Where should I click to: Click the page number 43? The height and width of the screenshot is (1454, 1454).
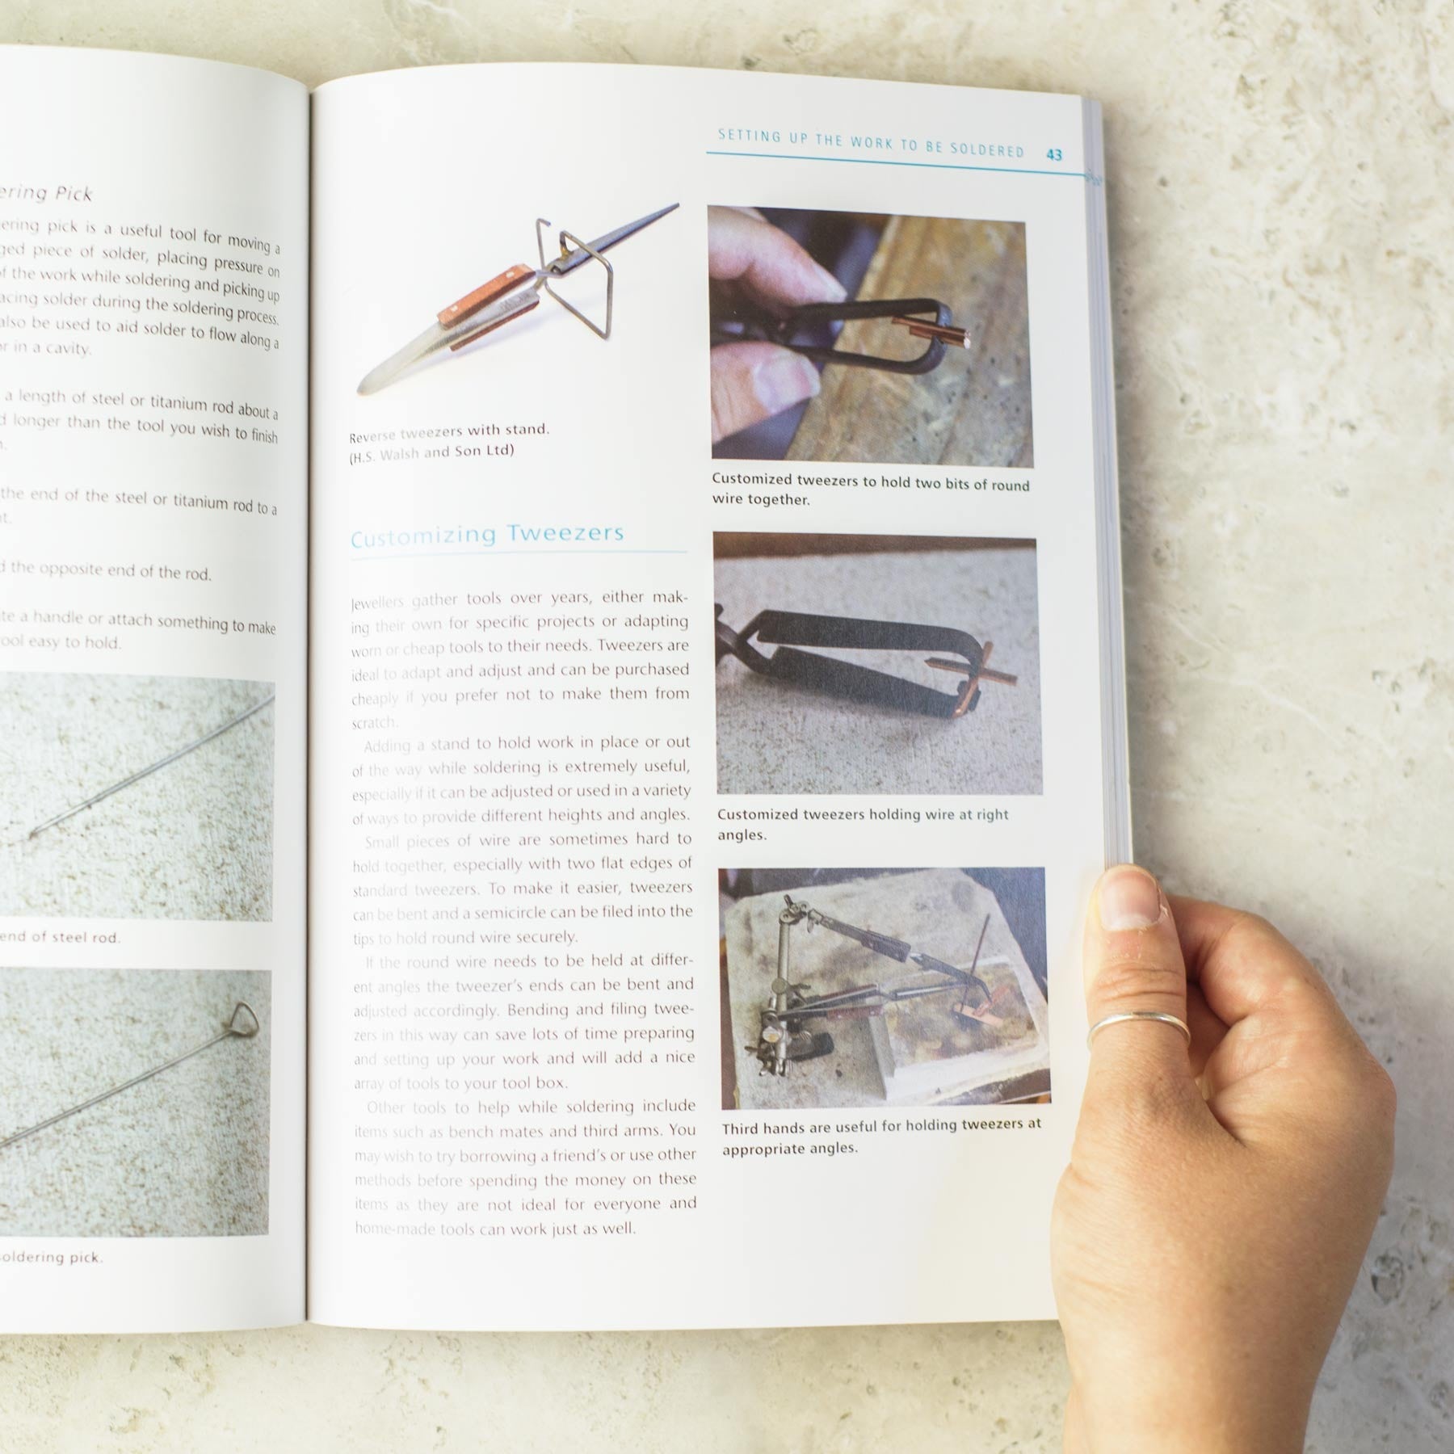pos(1053,154)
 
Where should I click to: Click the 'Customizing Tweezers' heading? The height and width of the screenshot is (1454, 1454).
pos(487,535)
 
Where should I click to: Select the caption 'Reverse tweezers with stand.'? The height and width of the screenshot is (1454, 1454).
pos(449,432)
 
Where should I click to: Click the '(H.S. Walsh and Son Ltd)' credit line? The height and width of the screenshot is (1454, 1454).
pos(431,453)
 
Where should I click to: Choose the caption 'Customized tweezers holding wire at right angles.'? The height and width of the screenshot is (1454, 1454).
pos(862,824)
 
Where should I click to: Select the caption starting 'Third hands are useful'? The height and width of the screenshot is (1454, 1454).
pos(881,1135)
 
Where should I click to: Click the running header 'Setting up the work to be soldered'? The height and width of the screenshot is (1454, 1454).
pos(870,144)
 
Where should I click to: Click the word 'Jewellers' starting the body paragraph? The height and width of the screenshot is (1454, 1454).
pos(380,603)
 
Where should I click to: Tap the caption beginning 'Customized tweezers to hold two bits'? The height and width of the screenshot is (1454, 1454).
pos(870,490)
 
